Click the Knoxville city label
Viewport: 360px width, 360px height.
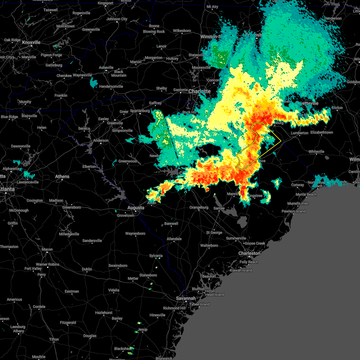31,43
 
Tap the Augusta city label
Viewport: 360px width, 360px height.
136,208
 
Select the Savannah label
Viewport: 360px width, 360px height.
186,298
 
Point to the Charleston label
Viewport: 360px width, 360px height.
249,253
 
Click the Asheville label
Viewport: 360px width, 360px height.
106,67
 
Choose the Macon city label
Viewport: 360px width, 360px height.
47,249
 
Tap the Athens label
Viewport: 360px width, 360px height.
62,176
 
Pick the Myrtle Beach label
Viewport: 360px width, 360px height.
306,194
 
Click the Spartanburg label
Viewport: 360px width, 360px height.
140,111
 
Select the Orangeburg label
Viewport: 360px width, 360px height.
199,207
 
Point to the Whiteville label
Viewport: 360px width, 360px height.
316,151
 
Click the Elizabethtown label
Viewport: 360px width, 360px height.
322,132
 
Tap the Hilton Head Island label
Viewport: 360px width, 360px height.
215,293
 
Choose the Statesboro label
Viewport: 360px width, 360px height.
148,275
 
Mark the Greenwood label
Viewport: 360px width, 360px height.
127,161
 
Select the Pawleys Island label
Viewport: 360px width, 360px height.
293,211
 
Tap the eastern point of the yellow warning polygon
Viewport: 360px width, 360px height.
281,141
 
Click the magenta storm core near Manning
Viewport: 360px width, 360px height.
243,188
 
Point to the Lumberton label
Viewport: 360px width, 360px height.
299,133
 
